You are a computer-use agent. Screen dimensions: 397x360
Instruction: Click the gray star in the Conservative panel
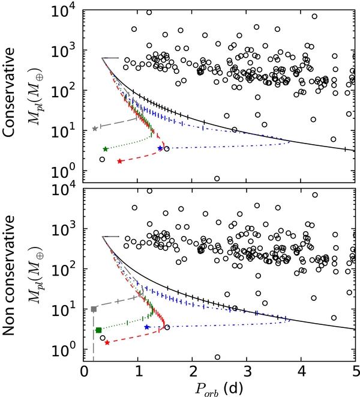coord(95,129)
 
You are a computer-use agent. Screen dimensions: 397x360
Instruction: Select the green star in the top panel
coord(106,149)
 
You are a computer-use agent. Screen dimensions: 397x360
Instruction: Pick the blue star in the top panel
coord(160,148)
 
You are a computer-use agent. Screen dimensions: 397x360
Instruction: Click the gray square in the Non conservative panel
coord(94,309)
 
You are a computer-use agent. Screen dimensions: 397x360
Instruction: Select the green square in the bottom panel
coord(98,330)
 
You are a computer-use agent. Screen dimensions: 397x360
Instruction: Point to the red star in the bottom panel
coord(107,342)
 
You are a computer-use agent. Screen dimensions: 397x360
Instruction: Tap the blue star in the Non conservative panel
coord(147,327)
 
